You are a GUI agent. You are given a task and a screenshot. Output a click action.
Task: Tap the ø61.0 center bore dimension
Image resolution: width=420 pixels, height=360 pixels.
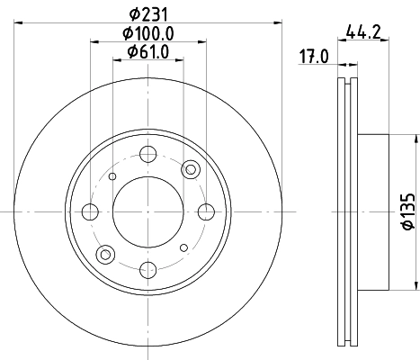click(148, 51)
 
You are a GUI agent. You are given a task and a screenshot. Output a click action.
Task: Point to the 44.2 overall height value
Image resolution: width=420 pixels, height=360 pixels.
click(361, 35)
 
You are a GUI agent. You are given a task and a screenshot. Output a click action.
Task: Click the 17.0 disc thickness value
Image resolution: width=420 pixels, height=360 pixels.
click(314, 58)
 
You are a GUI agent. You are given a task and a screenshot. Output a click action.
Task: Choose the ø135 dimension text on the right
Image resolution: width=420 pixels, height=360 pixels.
click(406, 212)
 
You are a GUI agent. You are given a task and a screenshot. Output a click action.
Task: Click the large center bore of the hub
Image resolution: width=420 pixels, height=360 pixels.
click(147, 212)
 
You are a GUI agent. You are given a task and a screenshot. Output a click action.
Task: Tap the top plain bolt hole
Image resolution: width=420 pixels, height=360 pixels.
click(147, 156)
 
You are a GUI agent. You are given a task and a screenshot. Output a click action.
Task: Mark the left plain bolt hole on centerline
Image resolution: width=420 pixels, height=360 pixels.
click(90, 212)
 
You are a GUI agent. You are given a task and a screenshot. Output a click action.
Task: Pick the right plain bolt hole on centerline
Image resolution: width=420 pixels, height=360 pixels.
click(205, 212)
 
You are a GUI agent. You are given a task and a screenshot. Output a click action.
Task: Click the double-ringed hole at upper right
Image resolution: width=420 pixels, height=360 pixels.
click(190, 169)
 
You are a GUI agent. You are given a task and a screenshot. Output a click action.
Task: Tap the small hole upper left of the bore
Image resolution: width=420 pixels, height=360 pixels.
click(112, 176)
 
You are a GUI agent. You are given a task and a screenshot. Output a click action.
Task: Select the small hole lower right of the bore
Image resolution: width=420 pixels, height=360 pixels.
click(183, 247)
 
